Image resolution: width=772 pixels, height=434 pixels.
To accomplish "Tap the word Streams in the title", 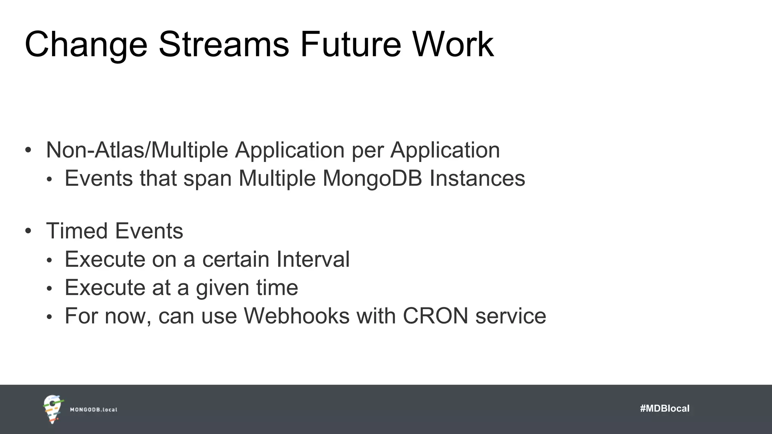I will coord(224,44).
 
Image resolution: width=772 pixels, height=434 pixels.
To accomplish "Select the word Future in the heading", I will coord(351,44).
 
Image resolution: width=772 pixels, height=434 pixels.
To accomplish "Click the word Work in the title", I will coord(453,44).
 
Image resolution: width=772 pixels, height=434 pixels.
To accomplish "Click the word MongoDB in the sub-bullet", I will coord(372,178).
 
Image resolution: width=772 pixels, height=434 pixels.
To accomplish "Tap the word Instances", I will coord(477,178).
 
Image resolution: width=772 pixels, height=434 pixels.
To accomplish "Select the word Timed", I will coord(77,231).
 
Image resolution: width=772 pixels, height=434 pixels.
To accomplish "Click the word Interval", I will coord(313,259).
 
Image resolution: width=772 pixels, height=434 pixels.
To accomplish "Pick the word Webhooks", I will coord(297,316).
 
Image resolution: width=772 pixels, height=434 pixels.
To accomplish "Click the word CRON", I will coord(435,316).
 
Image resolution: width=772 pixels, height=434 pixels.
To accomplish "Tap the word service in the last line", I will coord(510,316).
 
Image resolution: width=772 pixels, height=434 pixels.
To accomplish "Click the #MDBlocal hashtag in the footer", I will coord(665,408).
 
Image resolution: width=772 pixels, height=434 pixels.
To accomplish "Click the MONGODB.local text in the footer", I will coord(93,410).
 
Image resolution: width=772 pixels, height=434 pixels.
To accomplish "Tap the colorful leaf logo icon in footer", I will coord(53,409).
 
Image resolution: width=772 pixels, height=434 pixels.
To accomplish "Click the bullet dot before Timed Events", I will coord(28,231).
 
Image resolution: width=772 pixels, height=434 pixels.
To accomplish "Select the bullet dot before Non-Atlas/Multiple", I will coord(28,150).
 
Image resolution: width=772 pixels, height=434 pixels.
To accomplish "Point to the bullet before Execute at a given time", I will coord(49,289).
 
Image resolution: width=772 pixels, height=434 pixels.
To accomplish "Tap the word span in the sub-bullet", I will coord(207,179).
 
